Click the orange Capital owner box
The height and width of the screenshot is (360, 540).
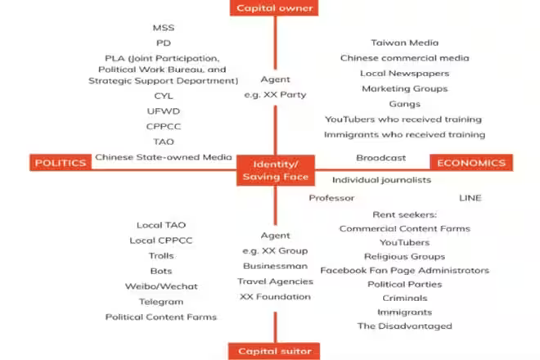click(274, 8)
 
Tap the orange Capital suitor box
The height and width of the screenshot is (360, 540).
click(274, 352)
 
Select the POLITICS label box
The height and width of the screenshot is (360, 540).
click(61, 163)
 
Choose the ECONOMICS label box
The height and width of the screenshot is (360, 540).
click(470, 163)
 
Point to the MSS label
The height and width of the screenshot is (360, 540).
click(164, 28)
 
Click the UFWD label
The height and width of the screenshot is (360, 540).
click(164, 111)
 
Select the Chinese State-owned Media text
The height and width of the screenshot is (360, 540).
click(163, 157)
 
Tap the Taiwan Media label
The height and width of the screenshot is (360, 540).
click(404, 43)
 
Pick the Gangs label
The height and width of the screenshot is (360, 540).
click(404, 104)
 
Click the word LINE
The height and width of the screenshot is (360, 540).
click(470, 198)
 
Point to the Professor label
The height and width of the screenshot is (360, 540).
click(331, 198)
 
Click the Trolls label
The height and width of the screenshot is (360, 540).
click(161, 256)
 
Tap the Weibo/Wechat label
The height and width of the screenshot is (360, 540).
click(161, 286)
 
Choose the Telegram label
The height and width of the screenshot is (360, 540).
click(161, 301)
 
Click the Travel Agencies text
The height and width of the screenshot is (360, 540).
click(275, 281)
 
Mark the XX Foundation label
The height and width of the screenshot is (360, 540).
click(275, 296)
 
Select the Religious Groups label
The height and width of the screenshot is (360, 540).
click(404, 256)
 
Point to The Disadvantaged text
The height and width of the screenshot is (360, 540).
click(404, 326)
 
